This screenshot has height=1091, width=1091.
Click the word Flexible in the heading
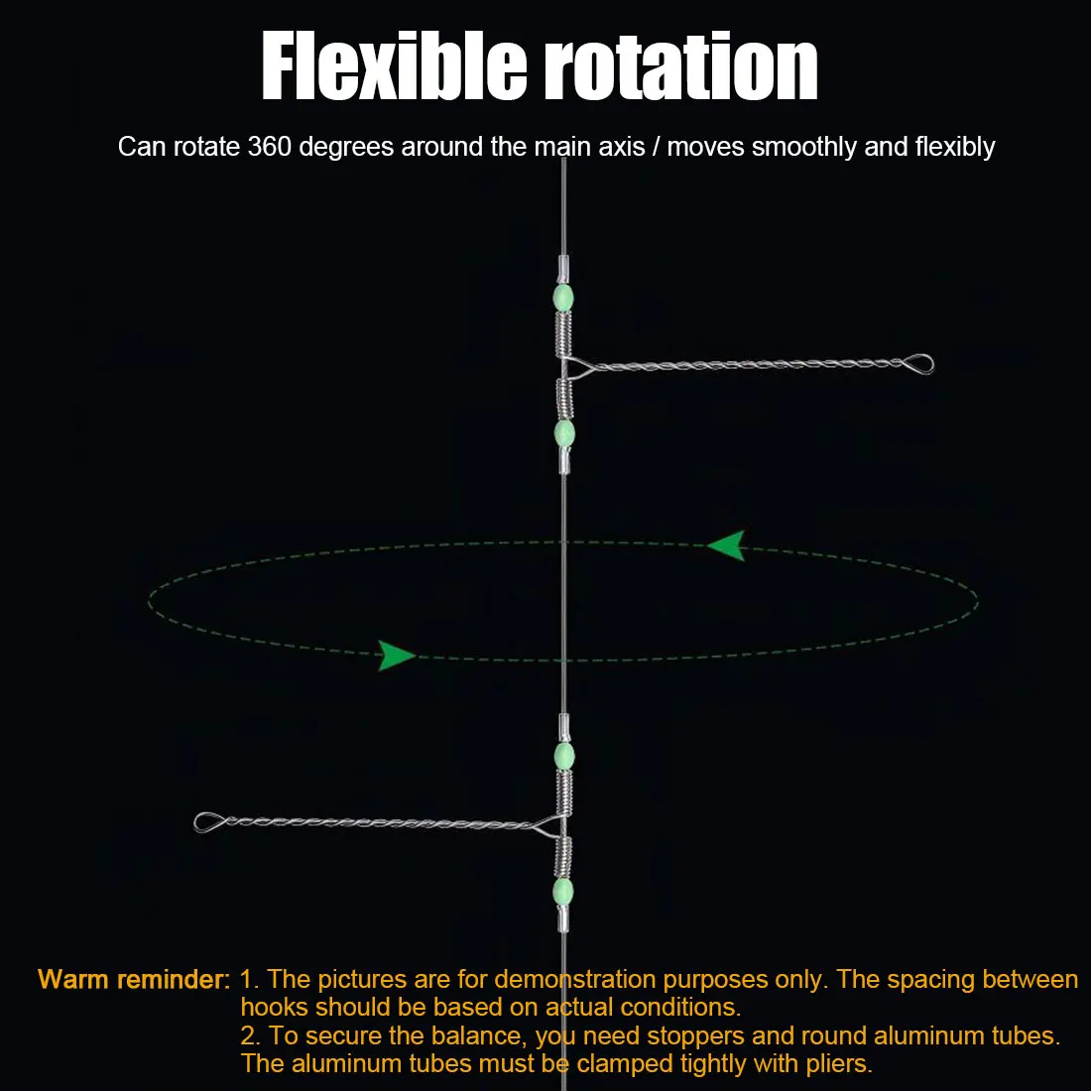pos(395,66)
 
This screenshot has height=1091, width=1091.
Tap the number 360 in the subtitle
pos(269,147)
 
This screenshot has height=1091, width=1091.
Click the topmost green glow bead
pos(563,298)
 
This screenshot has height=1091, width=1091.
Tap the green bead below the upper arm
pos(564,433)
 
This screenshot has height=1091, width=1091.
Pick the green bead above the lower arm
pos(563,757)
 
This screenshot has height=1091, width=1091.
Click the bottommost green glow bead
pos(563,892)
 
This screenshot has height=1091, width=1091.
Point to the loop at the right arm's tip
pos(918,364)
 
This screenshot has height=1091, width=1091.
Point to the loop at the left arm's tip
pos(209,822)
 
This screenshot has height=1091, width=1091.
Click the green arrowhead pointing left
pos(726,545)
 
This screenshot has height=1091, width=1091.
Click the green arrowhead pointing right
pos(396,656)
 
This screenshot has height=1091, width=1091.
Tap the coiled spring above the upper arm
pos(563,333)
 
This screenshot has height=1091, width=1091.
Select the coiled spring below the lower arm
pos(563,857)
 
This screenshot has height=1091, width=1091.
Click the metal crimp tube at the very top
pos(563,269)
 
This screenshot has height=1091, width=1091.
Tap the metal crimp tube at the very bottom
pos(563,919)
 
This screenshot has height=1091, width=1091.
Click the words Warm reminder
pos(134,980)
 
